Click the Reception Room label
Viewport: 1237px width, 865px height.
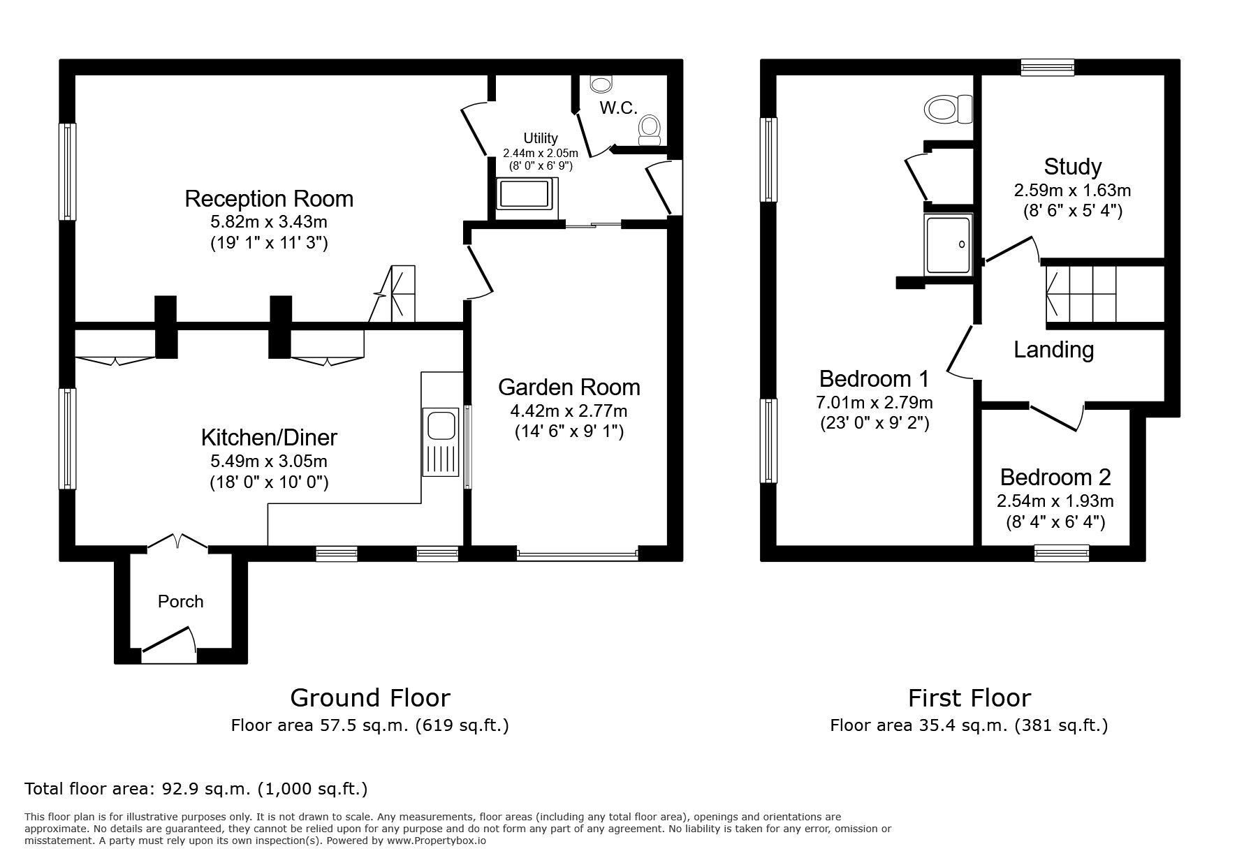point(268,199)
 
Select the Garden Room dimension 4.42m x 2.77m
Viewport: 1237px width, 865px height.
point(569,411)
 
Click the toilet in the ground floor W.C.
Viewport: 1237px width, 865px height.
point(650,130)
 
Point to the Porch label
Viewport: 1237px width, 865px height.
point(180,602)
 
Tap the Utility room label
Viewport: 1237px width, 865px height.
point(541,138)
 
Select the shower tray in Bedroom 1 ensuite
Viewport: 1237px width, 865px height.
point(947,244)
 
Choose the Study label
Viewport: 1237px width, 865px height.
point(1072,167)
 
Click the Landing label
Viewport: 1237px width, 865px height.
point(1053,350)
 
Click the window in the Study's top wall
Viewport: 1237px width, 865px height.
point(1047,67)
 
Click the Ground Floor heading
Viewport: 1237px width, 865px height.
point(369,697)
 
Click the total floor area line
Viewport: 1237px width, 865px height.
point(196,789)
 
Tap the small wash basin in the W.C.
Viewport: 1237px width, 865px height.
point(600,84)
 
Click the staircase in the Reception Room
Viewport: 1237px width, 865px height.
point(397,294)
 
